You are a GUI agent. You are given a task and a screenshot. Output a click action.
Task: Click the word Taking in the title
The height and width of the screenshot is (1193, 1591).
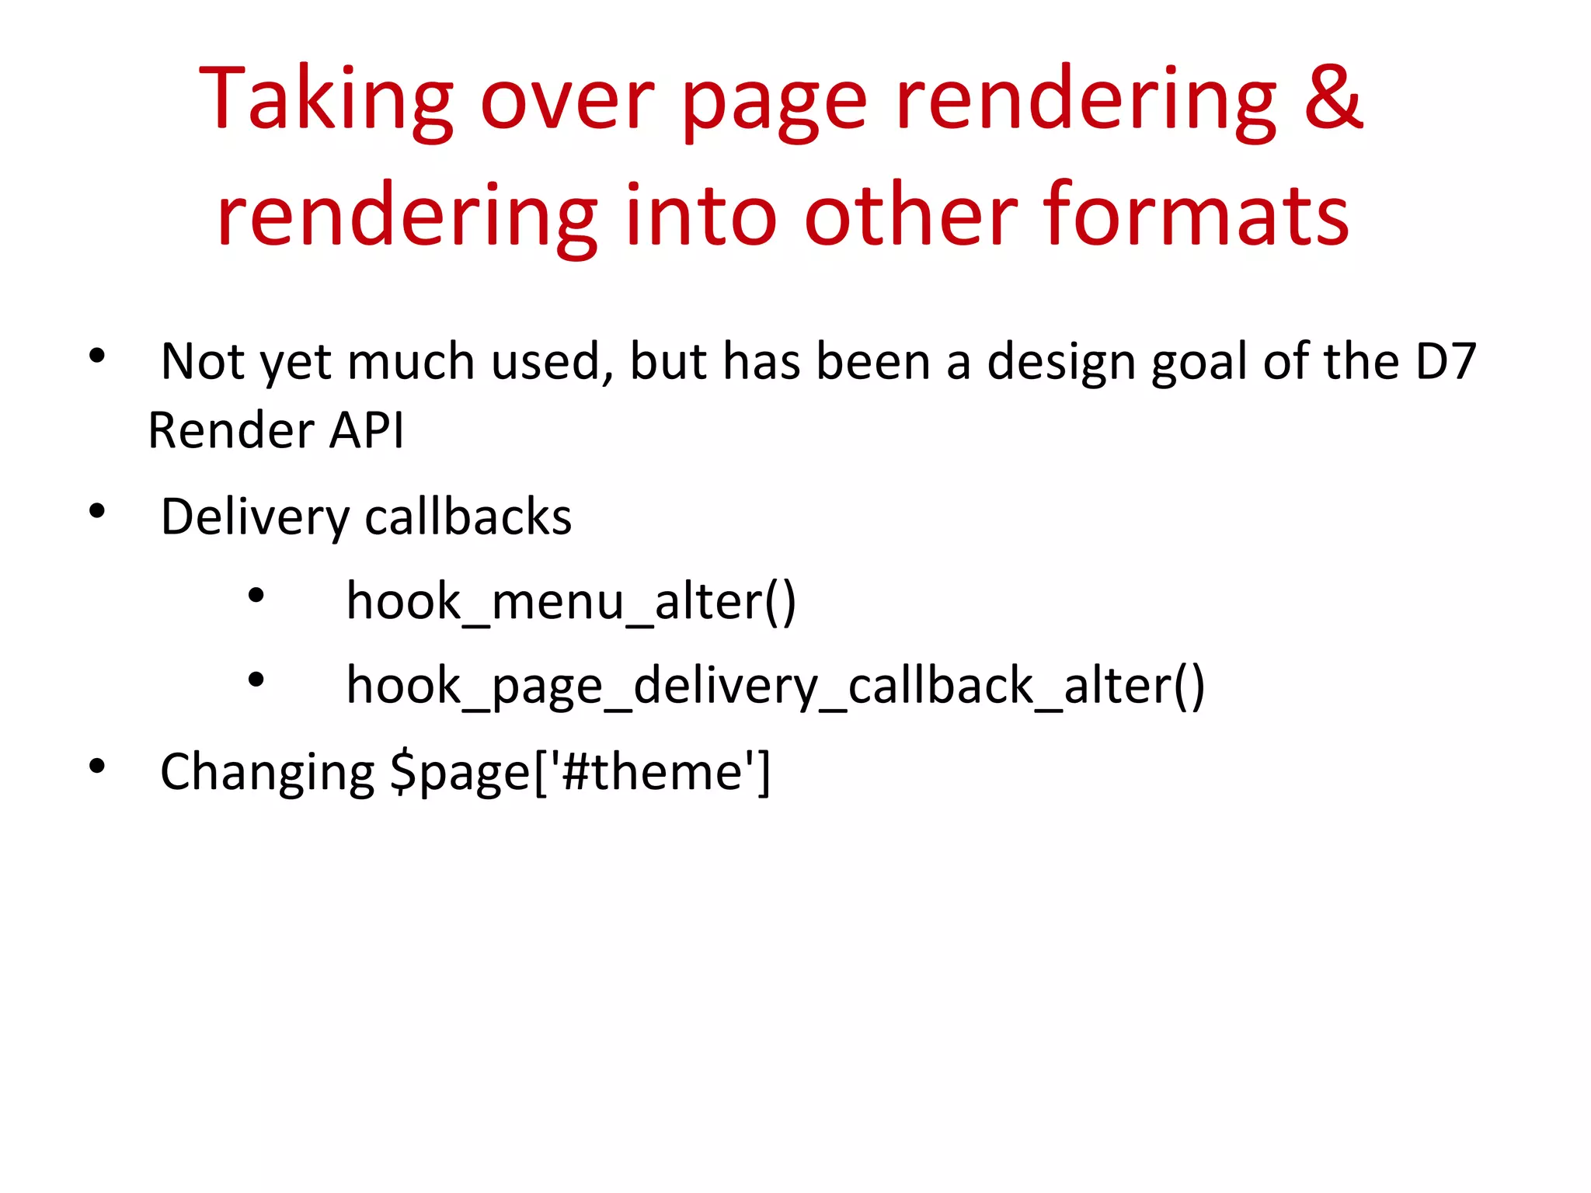click(x=326, y=101)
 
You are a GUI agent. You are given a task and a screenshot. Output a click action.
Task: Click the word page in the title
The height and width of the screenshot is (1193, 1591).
click(x=774, y=104)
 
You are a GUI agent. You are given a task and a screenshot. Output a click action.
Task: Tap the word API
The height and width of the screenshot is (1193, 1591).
click(x=366, y=430)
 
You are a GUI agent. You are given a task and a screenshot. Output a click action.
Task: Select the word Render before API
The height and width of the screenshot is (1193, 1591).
click(x=231, y=430)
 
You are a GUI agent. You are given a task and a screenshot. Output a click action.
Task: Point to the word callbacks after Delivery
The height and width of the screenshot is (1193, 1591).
click(x=468, y=517)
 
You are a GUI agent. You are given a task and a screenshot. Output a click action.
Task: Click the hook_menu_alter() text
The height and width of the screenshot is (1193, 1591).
click(x=571, y=602)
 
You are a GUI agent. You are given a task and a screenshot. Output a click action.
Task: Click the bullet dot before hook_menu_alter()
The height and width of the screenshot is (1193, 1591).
click(x=256, y=596)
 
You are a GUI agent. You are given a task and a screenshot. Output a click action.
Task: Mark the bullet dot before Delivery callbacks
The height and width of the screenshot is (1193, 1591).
click(x=97, y=511)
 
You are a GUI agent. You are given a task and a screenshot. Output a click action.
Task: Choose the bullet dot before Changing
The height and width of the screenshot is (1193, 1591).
click(x=97, y=767)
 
